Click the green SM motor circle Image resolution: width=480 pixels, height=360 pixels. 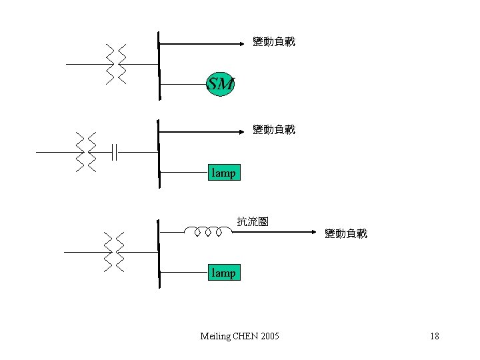click(221, 84)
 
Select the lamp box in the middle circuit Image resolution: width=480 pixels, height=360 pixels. click(223, 173)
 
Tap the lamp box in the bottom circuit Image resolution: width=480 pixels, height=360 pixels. click(223, 273)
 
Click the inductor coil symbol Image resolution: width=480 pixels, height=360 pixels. click(208, 231)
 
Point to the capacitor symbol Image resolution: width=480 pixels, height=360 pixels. click(115, 152)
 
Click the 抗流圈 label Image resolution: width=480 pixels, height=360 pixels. click(253, 221)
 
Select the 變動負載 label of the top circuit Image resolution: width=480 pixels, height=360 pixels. click(273, 41)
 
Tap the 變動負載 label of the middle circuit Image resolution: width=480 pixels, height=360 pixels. click(273, 129)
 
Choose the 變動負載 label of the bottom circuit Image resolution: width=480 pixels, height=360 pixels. click(345, 233)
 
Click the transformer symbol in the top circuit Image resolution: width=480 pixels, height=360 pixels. click(116, 65)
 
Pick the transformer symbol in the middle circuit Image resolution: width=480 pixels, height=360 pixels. click(86, 152)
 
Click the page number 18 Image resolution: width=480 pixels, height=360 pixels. click(435, 336)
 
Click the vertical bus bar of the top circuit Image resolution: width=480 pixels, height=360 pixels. click(159, 65)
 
